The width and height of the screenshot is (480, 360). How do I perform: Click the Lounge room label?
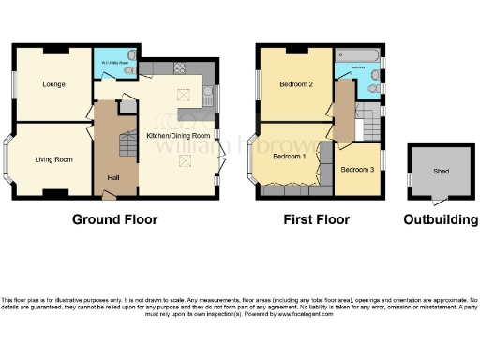(x=52, y=84)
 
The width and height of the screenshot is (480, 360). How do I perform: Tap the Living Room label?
(x=54, y=159)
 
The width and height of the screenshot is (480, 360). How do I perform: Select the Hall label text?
(x=114, y=177)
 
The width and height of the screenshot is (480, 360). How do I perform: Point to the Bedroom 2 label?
(x=296, y=84)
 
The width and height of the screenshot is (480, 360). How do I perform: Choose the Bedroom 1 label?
(x=290, y=157)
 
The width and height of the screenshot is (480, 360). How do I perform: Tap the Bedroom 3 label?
(x=356, y=170)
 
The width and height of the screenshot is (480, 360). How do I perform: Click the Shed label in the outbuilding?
(x=440, y=172)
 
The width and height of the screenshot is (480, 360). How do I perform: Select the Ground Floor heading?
(x=114, y=220)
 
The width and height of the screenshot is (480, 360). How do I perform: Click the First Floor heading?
(x=318, y=220)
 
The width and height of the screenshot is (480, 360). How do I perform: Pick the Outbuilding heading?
(x=440, y=220)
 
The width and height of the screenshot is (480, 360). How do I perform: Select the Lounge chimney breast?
(x=52, y=47)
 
